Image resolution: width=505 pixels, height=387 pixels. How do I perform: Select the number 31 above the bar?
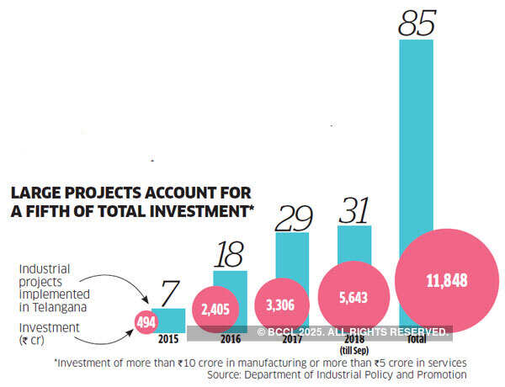click(353, 210)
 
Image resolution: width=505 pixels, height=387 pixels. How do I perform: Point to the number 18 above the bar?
click(230, 253)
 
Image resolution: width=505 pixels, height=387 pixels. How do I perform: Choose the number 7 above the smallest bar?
click(168, 294)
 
